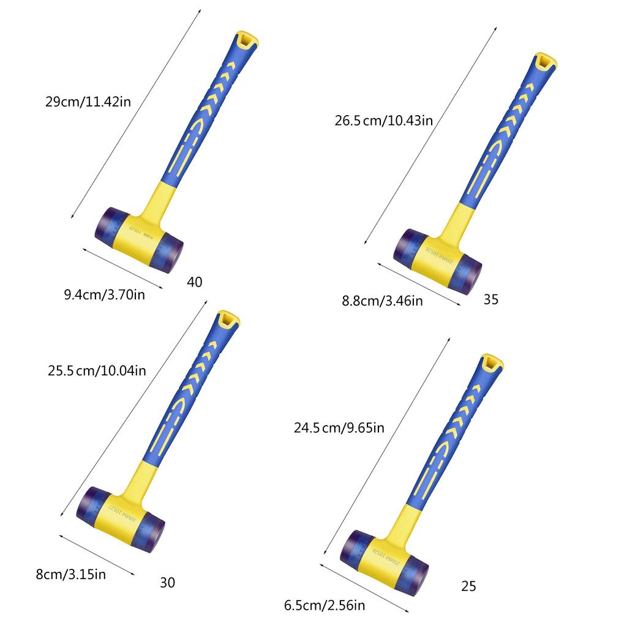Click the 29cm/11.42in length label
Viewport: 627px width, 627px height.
pyautogui.click(x=88, y=101)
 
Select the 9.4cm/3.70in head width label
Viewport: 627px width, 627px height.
pyautogui.click(x=105, y=295)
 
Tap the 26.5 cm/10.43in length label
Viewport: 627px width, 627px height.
pyautogui.click(x=384, y=121)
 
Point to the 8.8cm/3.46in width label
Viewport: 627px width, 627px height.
pyautogui.click(x=382, y=300)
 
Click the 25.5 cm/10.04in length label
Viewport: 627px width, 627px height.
pyautogui.click(x=97, y=370)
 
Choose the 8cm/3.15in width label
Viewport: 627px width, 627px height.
pyautogui.click(x=71, y=574)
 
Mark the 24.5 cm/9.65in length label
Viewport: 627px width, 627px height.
pyautogui.click(x=339, y=428)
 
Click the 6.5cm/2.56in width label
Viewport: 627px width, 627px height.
pyautogui.click(x=325, y=606)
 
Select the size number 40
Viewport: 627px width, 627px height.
pyautogui.click(x=195, y=282)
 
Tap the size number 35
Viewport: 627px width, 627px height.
pyautogui.click(x=491, y=299)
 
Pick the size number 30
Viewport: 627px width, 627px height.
pyautogui.click(x=167, y=582)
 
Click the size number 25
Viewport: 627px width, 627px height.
pyautogui.click(x=468, y=587)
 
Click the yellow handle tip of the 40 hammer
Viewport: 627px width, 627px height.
pyautogui.click(x=247, y=41)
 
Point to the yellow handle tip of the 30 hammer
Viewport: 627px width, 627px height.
pyautogui.click(x=228, y=320)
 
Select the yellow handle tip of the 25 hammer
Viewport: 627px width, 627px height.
pyautogui.click(x=491, y=363)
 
